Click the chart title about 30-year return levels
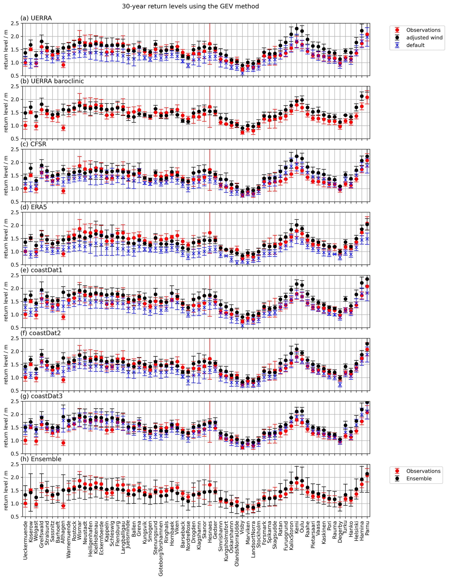tap(190, 6)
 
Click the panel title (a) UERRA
tap(36, 18)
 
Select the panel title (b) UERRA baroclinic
tap(52, 81)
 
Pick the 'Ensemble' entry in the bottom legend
tap(419, 479)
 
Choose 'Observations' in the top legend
tap(423, 30)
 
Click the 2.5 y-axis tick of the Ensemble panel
tap(15, 464)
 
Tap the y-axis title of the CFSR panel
tap(6, 176)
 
